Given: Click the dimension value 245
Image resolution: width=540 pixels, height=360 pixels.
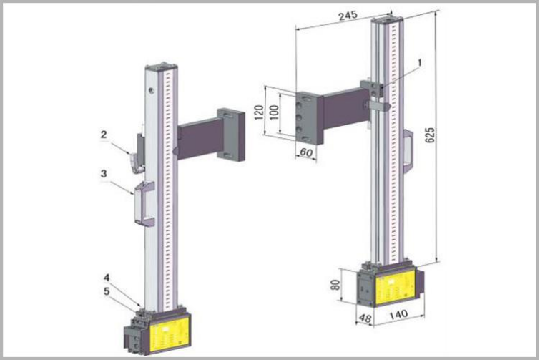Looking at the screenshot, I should pos(349,16).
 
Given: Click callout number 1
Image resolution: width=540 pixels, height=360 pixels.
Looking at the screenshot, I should pos(420,62).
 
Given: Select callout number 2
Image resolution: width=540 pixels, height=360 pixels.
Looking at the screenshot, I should pos(104,134).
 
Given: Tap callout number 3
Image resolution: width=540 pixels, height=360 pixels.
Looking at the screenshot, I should pos(104,173).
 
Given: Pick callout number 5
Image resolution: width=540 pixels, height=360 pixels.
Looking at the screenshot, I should pos(107,291).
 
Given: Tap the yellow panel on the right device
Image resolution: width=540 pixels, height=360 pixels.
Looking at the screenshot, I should pos(391,286).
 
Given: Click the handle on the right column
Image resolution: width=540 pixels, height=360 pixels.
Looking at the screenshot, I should pos(407,151).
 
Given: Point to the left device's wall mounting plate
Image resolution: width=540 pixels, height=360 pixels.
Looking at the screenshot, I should pos(230,134).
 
